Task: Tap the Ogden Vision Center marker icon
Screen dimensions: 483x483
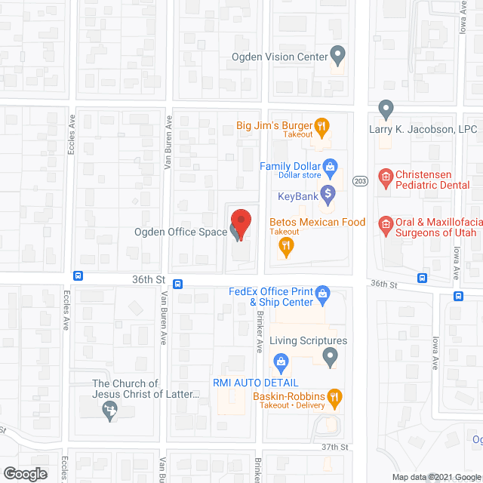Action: pos(338,55)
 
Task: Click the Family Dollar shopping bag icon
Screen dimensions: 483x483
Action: pos(330,166)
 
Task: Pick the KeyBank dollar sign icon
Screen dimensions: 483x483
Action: pos(328,196)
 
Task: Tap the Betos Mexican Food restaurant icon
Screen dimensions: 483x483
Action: pos(286,245)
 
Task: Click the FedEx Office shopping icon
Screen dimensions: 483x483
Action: pos(322,293)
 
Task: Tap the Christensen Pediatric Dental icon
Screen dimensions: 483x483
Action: pos(386,177)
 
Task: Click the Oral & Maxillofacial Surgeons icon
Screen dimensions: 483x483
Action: pos(386,223)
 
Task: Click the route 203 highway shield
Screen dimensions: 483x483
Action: pos(360,181)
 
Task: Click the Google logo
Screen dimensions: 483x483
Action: pos(24,473)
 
